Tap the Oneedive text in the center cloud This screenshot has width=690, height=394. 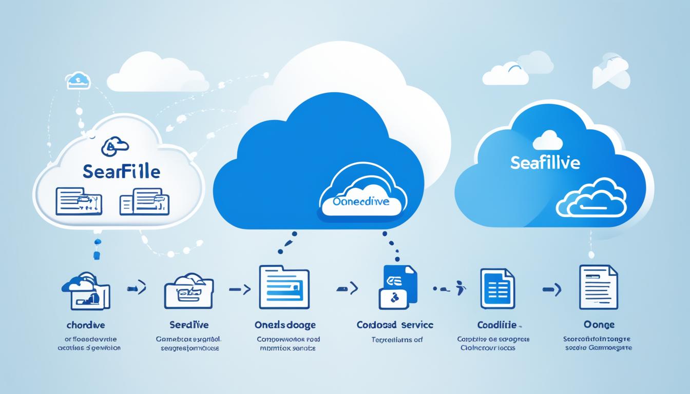[361, 202]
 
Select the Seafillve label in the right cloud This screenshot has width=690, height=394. [545, 163]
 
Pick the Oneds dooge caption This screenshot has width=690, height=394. [285, 325]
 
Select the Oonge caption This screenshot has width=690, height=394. [598, 325]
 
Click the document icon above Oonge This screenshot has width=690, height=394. [598, 287]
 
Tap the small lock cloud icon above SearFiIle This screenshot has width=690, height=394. [115, 147]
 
